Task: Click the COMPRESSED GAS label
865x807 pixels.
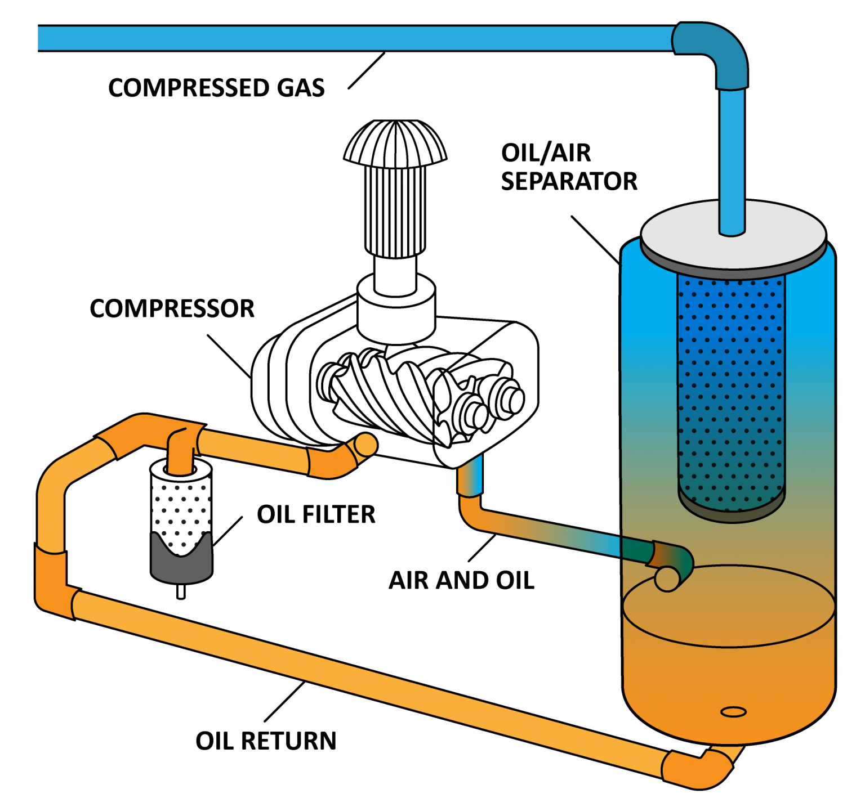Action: tap(216, 88)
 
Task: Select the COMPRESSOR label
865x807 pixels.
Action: tap(172, 308)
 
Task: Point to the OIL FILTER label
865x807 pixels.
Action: tap(316, 514)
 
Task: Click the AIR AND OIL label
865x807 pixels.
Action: tap(461, 580)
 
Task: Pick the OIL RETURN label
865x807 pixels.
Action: tap(266, 741)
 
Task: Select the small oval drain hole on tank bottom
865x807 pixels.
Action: tap(733, 712)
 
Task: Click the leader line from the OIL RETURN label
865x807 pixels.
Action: tap(285, 701)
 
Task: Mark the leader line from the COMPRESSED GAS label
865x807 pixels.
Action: tap(367, 70)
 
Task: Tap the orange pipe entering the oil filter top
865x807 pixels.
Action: tap(181, 450)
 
